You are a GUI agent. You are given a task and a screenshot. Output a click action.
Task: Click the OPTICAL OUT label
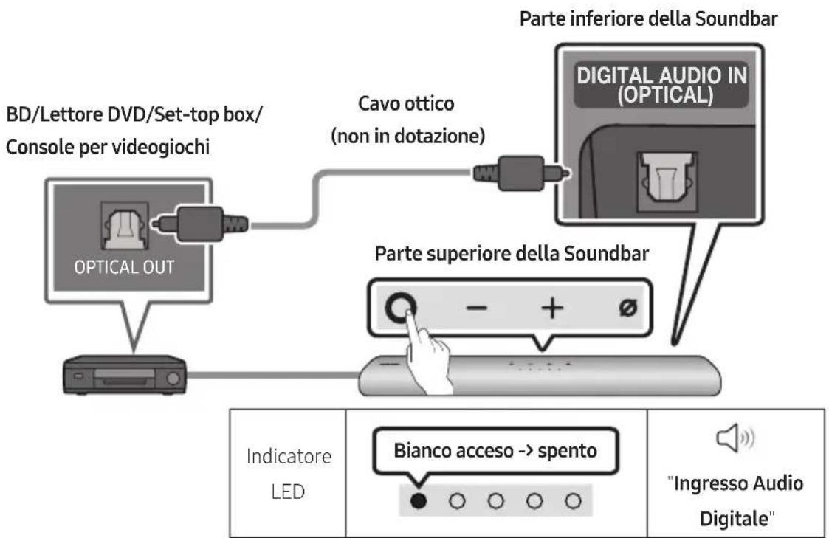(x=124, y=267)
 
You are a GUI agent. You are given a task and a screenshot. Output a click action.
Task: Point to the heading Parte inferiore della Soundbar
(x=648, y=18)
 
